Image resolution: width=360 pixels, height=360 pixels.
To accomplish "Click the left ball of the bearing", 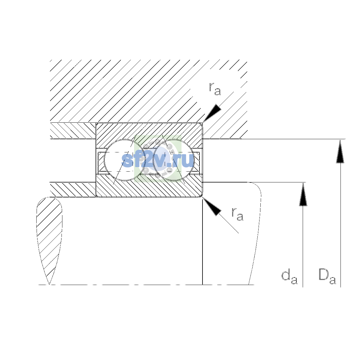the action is click(124, 160).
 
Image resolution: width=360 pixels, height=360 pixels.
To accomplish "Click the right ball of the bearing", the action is click(174, 160).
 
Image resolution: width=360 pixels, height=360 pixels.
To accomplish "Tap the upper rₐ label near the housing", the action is click(215, 89).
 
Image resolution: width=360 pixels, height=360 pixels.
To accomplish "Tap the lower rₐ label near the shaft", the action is click(237, 214).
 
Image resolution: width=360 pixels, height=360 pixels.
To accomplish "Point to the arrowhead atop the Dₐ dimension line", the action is click(340, 151).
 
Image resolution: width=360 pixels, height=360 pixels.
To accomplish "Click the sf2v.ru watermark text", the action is click(157, 160).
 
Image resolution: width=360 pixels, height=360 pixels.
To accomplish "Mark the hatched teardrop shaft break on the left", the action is click(49, 239).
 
